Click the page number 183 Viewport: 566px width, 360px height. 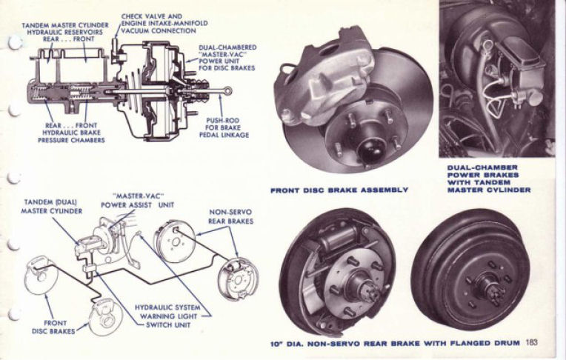[532, 341]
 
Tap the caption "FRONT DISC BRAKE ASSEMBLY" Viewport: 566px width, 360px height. [339, 190]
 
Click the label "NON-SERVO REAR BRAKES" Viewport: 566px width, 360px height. [231, 216]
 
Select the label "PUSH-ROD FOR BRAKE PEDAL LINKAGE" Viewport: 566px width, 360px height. [224, 127]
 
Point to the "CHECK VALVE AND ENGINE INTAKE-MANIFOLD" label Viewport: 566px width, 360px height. [164, 20]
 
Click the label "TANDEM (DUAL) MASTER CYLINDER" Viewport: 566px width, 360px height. [51, 207]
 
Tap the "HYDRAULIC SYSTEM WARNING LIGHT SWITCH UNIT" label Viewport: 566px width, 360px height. [168, 316]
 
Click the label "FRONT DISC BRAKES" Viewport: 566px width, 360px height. [53, 327]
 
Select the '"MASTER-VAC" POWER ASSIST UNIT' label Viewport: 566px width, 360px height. [138, 201]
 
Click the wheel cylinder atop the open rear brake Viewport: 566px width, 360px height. [339, 236]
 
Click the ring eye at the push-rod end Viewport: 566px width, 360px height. [227, 90]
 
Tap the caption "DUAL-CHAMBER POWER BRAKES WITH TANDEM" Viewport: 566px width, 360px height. [484, 175]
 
